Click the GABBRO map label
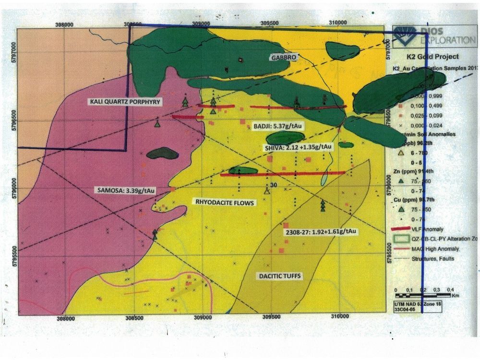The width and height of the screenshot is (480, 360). (x=283, y=57)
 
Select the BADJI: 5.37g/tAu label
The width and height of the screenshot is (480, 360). (x=278, y=127)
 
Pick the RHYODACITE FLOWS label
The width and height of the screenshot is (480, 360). (x=223, y=203)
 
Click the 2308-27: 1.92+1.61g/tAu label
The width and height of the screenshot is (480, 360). (x=321, y=231)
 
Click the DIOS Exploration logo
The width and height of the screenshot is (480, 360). (x=432, y=36)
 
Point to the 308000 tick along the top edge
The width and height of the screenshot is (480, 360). (x=64, y=24)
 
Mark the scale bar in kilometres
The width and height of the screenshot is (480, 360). (x=422, y=291)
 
